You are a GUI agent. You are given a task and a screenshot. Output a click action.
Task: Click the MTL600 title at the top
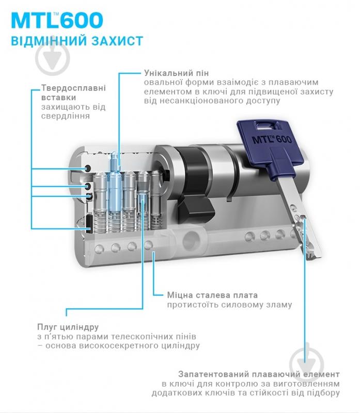pyautogui.click(x=57, y=20)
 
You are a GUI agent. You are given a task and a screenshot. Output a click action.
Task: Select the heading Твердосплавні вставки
pyautogui.click(x=73, y=93)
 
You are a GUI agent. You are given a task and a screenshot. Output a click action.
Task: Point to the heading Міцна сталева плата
pyautogui.click(x=212, y=295)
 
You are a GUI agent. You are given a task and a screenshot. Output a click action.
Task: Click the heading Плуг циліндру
pyautogui.click(x=68, y=327)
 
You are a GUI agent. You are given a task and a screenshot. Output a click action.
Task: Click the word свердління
pyautogui.click(x=66, y=116)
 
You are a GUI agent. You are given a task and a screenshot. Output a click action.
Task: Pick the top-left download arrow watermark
pyautogui.click(x=52, y=57)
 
